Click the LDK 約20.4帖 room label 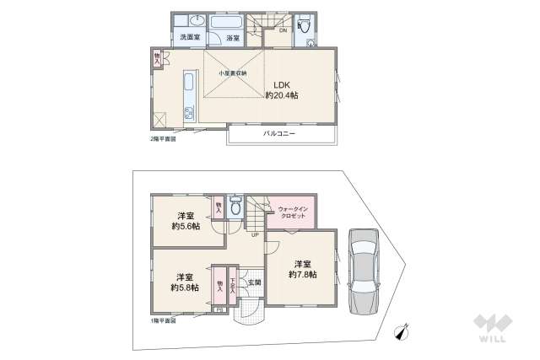click(282, 89)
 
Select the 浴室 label click(231, 38)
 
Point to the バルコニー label click(278, 134)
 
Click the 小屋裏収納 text click(233, 73)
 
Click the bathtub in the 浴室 click(226, 21)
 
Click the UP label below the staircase click(254, 235)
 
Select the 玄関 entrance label click(254, 282)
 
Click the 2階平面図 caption click(163, 138)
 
